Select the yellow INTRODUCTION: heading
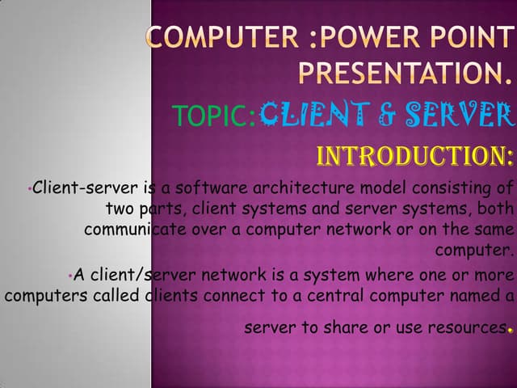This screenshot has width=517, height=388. [415, 154]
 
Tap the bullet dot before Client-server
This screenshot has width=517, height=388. [27, 191]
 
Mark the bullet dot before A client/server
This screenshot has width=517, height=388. [71, 276]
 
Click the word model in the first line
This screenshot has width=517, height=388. [374, 189]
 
